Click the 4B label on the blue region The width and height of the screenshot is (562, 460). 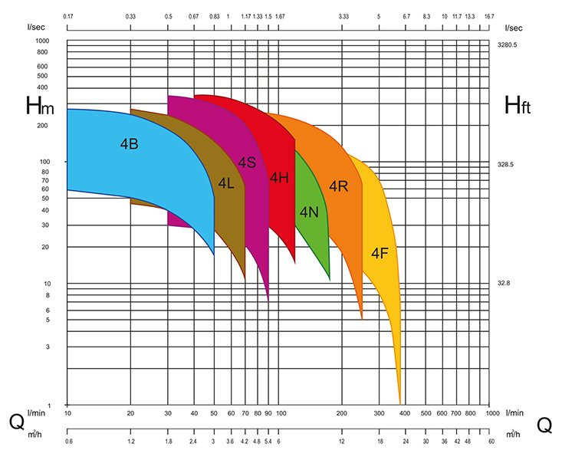coord(129,143)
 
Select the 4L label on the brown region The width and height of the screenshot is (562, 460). coord(225,183)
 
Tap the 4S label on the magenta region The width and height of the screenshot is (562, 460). coord(246,163)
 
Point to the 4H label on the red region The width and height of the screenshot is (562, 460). coord(279,179)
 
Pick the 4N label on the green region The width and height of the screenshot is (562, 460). coord(309,212)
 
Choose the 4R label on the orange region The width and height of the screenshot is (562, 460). coord(339,186)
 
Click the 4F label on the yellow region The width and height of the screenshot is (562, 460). coord(380,253)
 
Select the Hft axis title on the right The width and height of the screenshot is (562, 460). coord(518,106)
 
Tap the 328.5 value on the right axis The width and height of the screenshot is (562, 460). coord(506,165)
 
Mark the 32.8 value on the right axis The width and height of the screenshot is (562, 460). coord(504,284)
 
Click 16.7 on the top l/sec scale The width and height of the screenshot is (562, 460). coord(489,16)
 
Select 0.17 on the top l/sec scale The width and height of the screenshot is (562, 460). coord(67,16)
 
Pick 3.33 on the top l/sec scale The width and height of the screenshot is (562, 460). coord(343,16)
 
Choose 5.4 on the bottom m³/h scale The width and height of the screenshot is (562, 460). coord(268,442)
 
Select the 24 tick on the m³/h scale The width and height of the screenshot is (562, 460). coord(406,442)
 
